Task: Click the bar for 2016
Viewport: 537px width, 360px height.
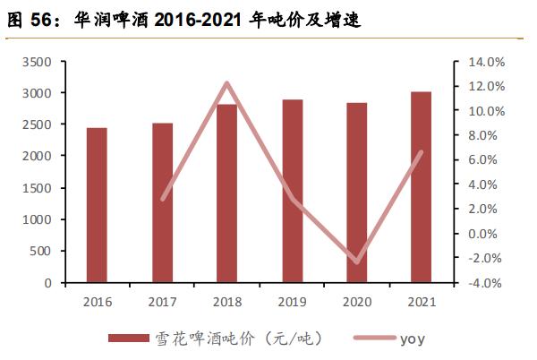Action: coord(97,205)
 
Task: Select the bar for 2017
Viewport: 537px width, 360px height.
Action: coord(162,202)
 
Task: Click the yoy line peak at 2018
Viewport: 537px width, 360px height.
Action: coord(226,83)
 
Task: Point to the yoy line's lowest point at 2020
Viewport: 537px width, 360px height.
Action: coord(357,262)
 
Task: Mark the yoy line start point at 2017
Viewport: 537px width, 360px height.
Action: coord(162,199)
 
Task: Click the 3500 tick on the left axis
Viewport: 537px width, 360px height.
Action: coord(41,62)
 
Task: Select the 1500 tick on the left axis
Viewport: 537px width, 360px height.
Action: coord(41,188)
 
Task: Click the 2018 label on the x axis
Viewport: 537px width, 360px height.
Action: coord(226,301)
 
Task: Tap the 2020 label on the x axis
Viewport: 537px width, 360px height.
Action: coord(357,301)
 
